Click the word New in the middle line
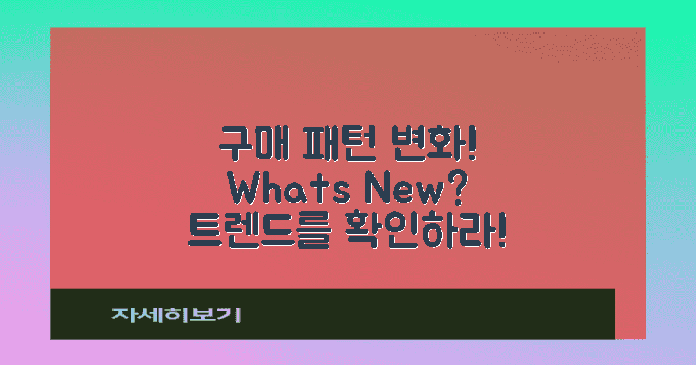point(406,190)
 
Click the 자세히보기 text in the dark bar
point(175,315)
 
